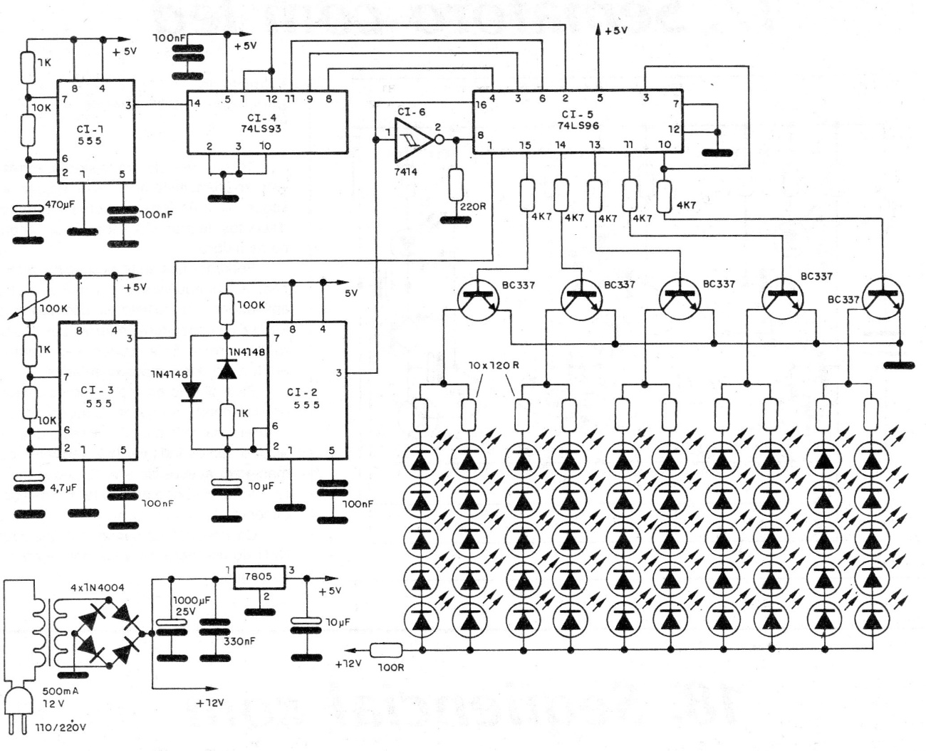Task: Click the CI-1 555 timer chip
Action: pos(95,132)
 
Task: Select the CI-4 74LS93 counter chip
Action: pos(266,121)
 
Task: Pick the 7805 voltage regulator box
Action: pos(260,576)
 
